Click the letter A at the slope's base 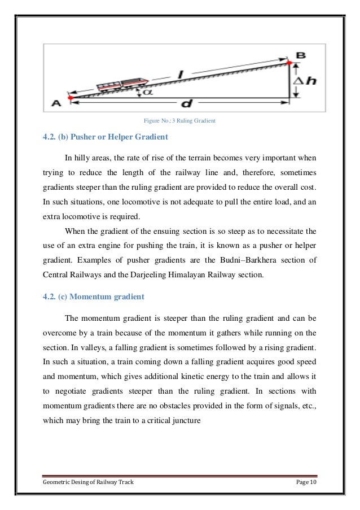(x=56, y=103)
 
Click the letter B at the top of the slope (x=301, y=55)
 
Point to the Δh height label (x=305, y=81)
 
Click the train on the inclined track (x=122, y=84)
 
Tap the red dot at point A (x=70, y=98)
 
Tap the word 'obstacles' (x=182, y=406)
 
